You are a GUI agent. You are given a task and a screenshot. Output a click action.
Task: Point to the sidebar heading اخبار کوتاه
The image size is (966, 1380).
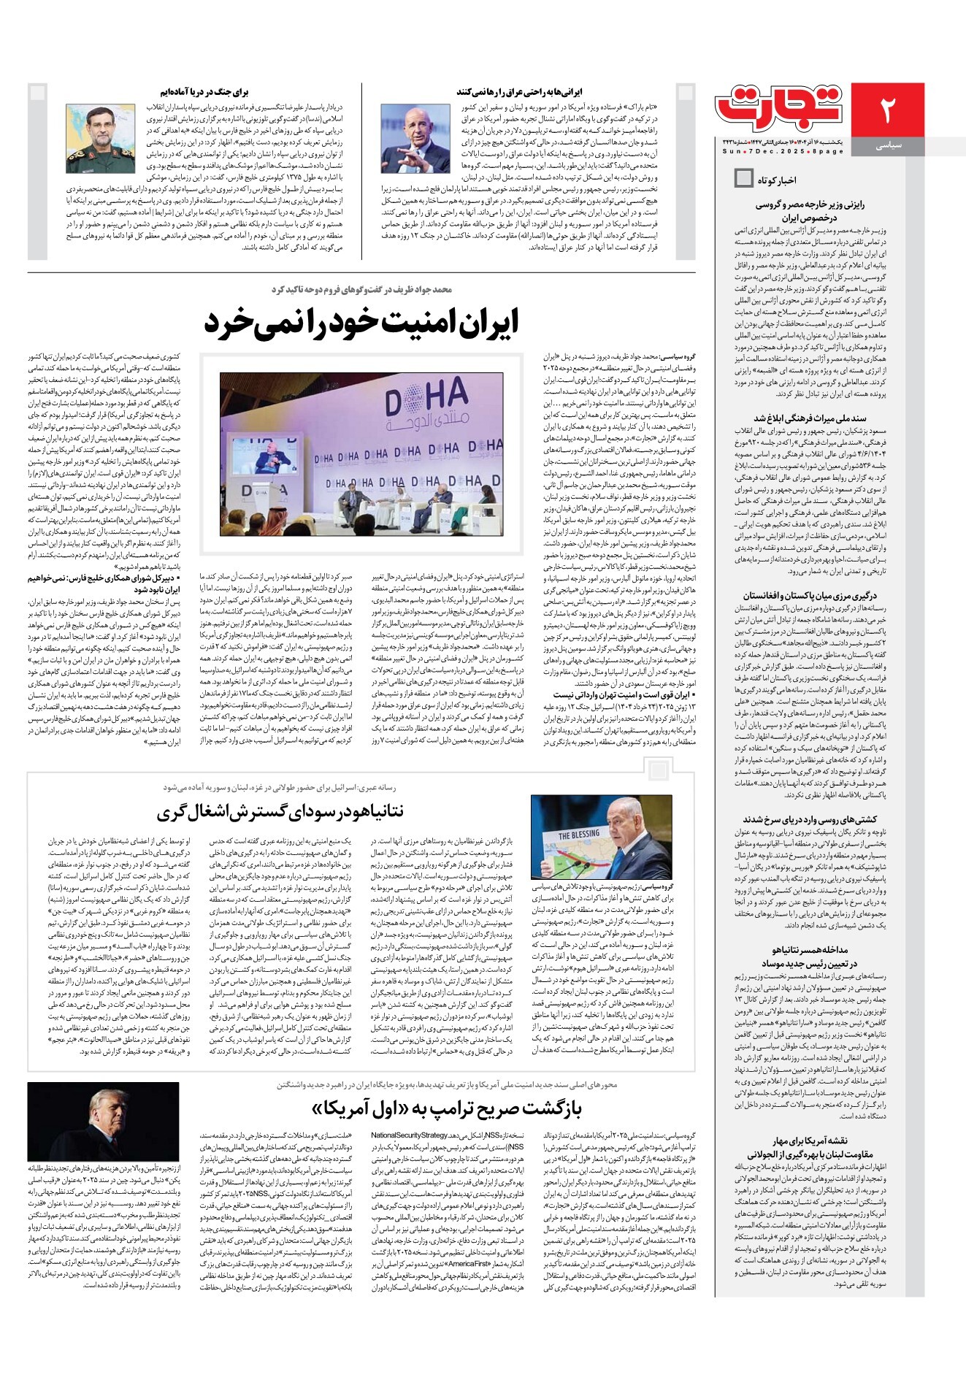click(776, 180)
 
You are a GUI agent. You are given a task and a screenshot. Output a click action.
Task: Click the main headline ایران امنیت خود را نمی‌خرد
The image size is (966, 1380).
click(361, 322)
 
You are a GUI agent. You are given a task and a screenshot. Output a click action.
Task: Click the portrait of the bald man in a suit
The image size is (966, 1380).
click(415, 138)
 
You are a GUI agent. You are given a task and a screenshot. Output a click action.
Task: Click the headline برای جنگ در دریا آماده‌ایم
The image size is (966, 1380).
click(206, 93)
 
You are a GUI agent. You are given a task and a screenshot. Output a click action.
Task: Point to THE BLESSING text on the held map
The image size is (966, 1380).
click(579, 834)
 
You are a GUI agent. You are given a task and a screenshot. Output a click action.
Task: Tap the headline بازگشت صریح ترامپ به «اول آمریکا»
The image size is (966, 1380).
click(446, 1108)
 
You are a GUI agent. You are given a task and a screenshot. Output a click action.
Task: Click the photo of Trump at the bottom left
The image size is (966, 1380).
click(103, 1121)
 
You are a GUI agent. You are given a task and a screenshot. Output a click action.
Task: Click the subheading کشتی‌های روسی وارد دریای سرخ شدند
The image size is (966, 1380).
click(810, 819)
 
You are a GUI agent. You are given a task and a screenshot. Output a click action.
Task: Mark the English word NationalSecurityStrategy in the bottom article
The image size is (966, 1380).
click(409, 1135)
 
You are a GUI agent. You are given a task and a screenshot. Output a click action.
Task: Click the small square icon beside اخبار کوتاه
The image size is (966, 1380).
click(743, 178)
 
